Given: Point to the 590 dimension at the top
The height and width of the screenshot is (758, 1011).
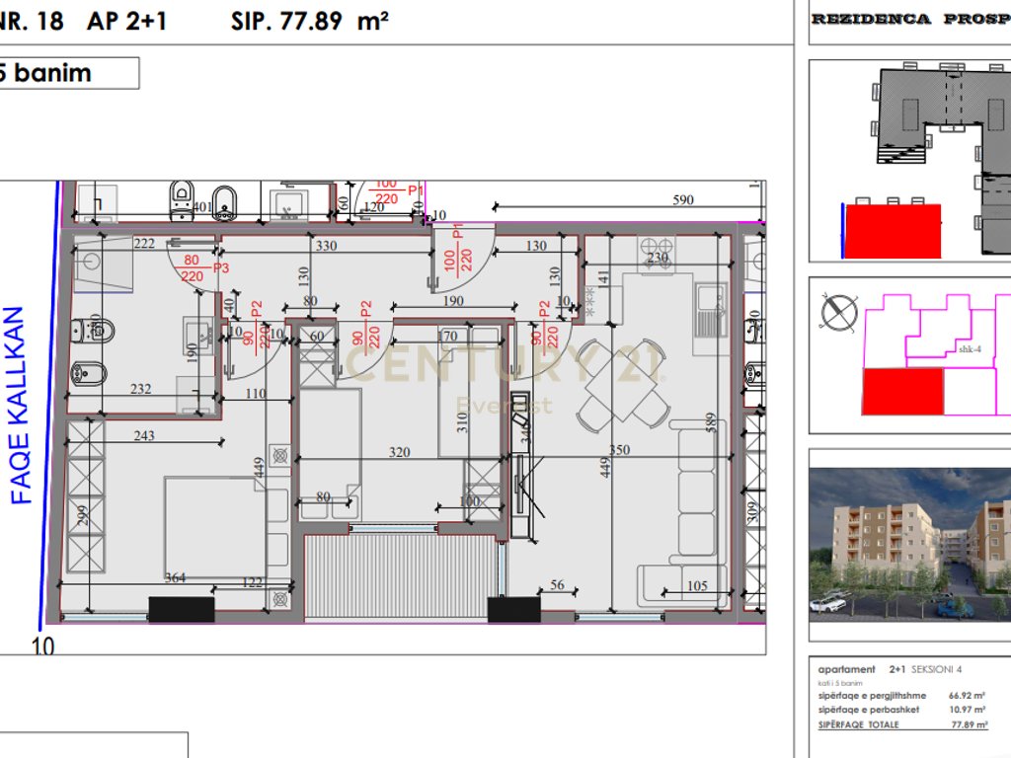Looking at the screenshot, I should pos(683,200).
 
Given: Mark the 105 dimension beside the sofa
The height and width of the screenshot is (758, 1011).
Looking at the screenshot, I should pos(697,586).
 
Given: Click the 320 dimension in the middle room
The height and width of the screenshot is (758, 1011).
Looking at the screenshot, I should pos(399,453).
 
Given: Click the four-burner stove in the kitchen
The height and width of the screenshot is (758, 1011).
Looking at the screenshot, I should pos(655,246).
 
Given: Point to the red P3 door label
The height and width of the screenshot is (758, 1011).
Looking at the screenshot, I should pos(220,267).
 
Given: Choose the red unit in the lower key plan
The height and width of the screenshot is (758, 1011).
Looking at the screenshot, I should pos(902,391).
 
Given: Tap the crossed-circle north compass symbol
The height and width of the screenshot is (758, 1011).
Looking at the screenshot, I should pos(838,313).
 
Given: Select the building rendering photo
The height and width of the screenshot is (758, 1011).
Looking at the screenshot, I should pos(909,543).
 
